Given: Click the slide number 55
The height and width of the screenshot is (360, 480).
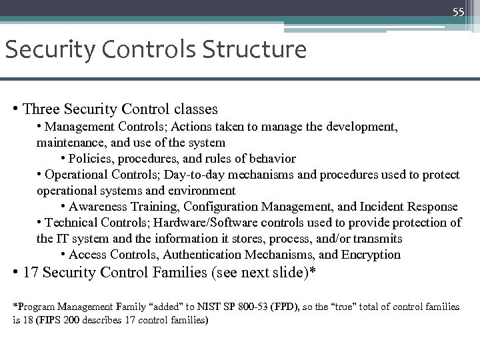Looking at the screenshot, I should coord(458,12).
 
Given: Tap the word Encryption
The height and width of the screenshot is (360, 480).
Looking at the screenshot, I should coord(369,255).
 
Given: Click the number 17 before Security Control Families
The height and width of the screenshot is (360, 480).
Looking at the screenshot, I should coord(30,273).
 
